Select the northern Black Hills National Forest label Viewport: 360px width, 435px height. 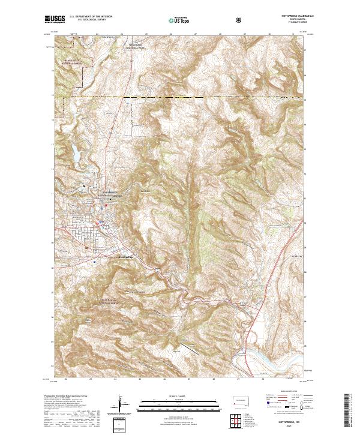pyautogui.click(x=74, y=61)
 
